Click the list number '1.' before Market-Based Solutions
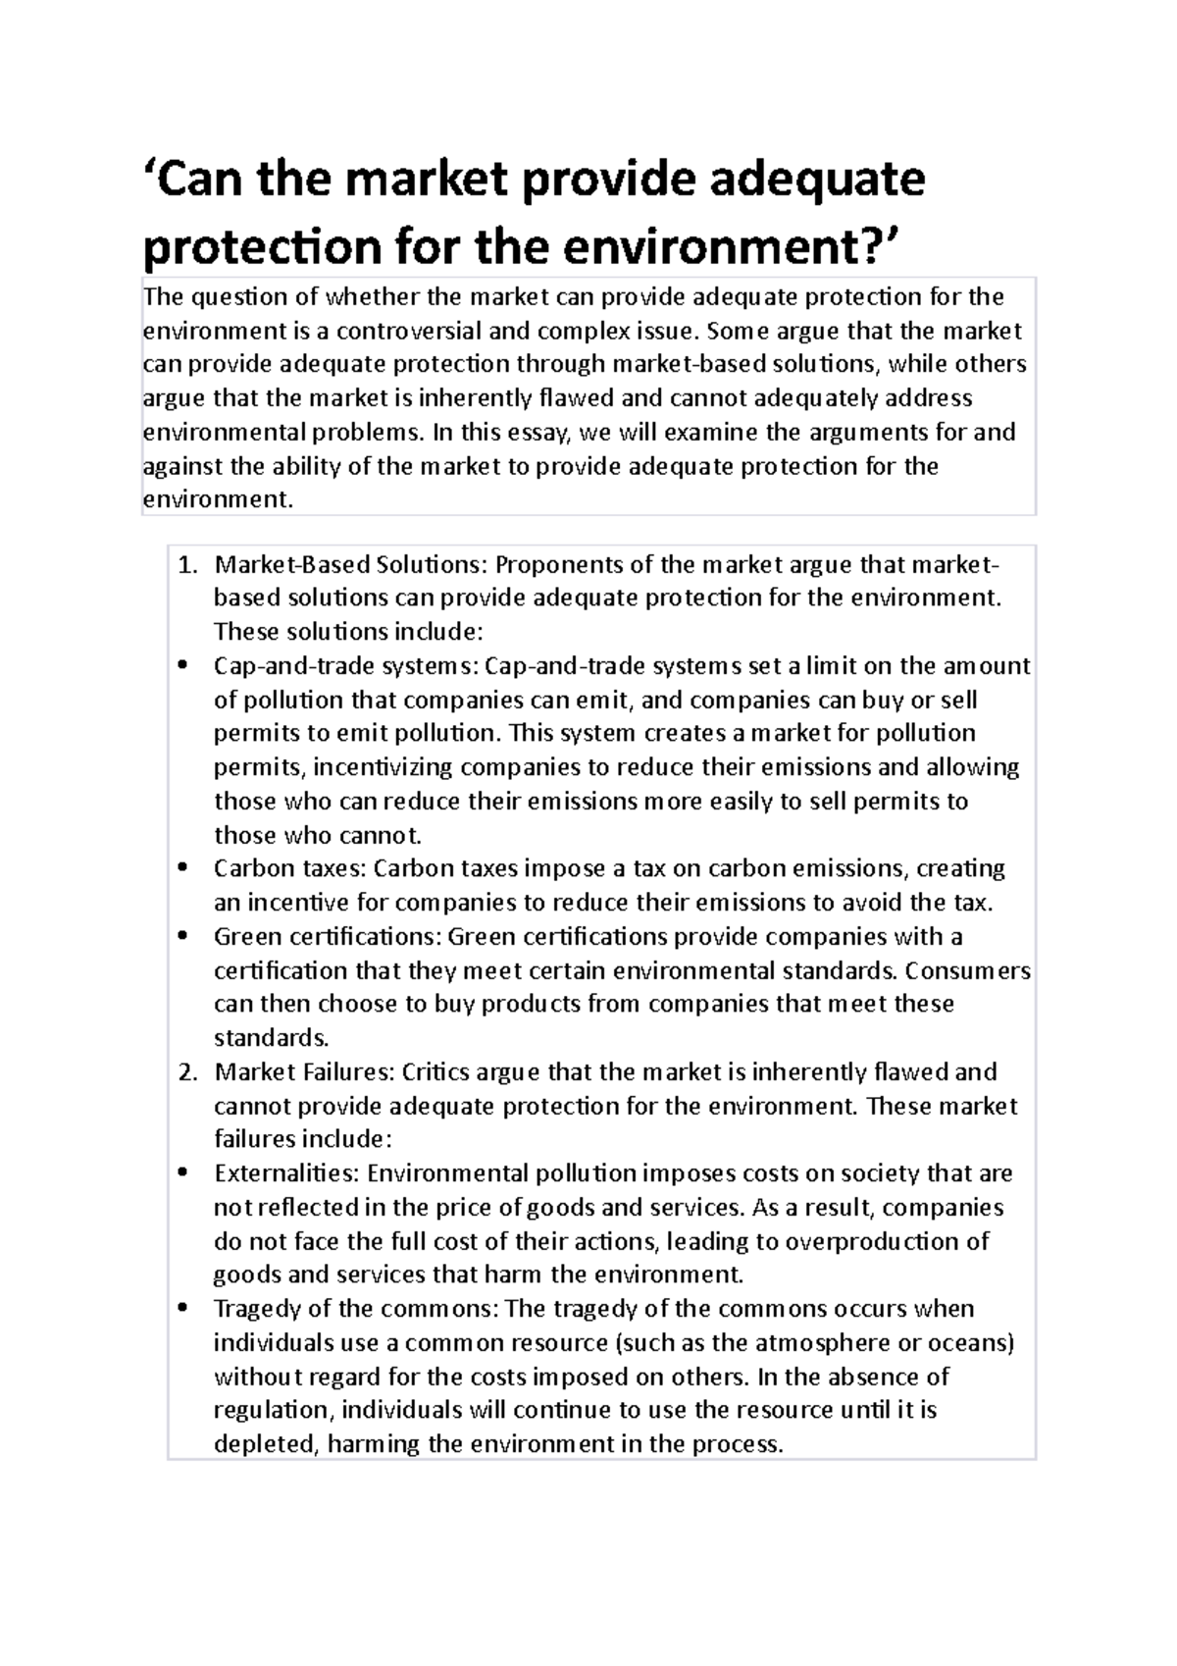(188, 565)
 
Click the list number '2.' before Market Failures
(188, 1072)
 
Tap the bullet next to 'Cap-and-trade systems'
(182, 667)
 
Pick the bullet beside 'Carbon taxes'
(182, 869)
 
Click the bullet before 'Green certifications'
(182, 937)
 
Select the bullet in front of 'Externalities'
(182, 1174)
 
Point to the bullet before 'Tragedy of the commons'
(182, 1310)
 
